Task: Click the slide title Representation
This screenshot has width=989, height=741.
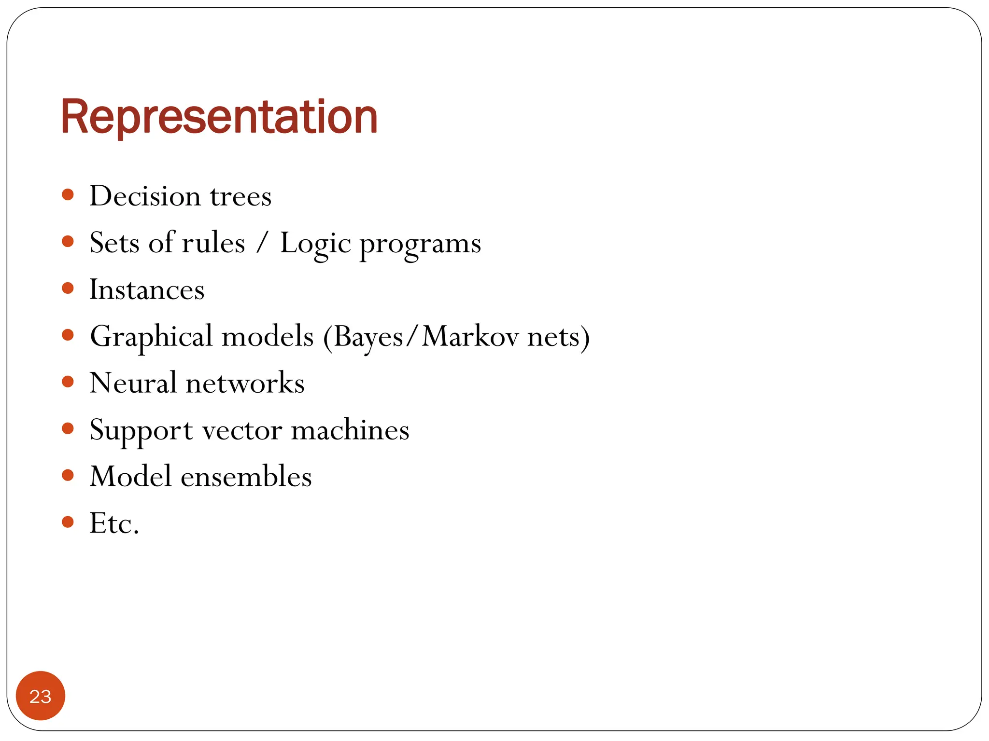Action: [x=219, y=117]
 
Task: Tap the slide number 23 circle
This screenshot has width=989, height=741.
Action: [x=41, y=696]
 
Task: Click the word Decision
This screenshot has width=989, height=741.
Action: [x=145, y=196]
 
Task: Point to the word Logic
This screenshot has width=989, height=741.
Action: [x=315, y=244]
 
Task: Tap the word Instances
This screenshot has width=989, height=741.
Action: [x=147, y=290]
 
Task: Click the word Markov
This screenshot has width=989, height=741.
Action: [x=470, y=336]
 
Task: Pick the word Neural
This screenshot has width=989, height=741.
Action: [x=133, y=383]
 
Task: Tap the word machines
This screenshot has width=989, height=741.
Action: [x=350, y=430]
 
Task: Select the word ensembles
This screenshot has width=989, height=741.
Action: [x=246, y=477]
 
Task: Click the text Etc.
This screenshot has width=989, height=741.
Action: [x=114, y=523]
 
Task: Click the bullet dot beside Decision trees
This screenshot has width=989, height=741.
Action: [x=68, y=194]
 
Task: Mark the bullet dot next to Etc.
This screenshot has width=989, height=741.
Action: [x=68, y=521]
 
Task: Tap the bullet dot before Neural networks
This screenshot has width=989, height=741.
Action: [x=68, y=382]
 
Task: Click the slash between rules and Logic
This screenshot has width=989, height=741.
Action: [x=262, y=243]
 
